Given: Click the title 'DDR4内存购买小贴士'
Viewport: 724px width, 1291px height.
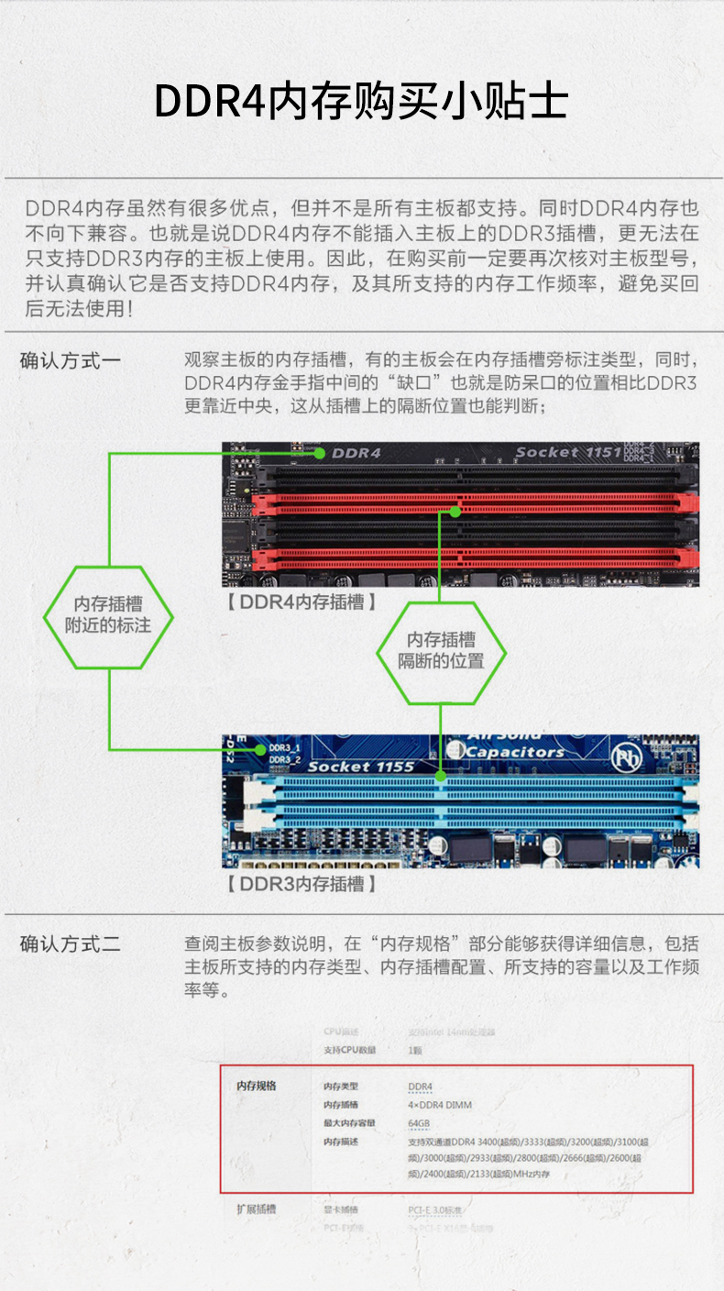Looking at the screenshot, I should coord(361,102).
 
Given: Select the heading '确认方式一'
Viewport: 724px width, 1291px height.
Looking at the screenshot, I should coord(71,360).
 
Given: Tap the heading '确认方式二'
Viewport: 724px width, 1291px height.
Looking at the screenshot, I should coord(71,943).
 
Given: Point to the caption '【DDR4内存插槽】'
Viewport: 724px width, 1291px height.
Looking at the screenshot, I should coord(302,602).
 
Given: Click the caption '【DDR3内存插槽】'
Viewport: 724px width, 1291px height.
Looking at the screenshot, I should coord(302,884).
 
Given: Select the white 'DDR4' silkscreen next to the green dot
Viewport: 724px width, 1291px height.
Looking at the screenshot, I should coord(356,453).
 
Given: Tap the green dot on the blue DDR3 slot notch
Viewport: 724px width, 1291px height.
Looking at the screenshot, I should coord(442,777).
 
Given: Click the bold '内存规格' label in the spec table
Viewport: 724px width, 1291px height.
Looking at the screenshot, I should coord(256,1087).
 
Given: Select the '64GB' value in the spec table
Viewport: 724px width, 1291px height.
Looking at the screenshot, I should coord(419,1123).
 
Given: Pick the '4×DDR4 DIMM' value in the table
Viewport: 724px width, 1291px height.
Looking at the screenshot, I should coord(440,1105).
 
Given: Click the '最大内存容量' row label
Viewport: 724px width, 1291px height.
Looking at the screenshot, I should coord(348,1123).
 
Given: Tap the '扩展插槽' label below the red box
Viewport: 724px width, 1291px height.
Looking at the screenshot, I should coord(256,1208).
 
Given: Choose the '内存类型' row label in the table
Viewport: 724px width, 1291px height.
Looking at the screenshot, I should coord(340,1087).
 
